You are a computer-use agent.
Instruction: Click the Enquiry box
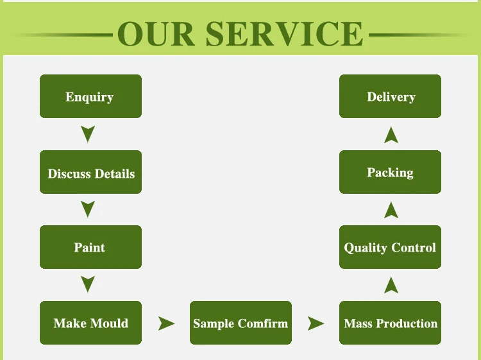click(x=90, y=96)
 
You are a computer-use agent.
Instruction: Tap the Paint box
click(x=90, y=247)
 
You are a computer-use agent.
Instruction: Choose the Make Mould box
click(x=90, y=323)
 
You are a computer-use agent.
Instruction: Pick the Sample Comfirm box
click(x=240, y=323)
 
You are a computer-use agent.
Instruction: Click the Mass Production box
click(x=390, y=323)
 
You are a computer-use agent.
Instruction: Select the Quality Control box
click(x=390, y=247)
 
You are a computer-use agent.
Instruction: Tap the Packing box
click(x=390, y=172)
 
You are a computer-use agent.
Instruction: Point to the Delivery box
click(x=390, y=96)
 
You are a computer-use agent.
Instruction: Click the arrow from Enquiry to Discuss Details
click(x=89, y=134)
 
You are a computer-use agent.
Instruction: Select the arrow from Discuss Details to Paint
click(x=89, y=209)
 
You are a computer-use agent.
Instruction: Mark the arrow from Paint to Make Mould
click(x=89, y=284)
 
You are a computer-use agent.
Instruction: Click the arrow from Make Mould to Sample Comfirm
click(x=167, y=323)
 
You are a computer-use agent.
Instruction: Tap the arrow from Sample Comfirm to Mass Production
click(x=316, y=323)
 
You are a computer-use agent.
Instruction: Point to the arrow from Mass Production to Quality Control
click(x=391, y=284)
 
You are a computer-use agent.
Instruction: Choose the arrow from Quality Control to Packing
click(x=391, y=209)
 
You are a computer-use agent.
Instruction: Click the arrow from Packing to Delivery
click(x=391, y=134)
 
